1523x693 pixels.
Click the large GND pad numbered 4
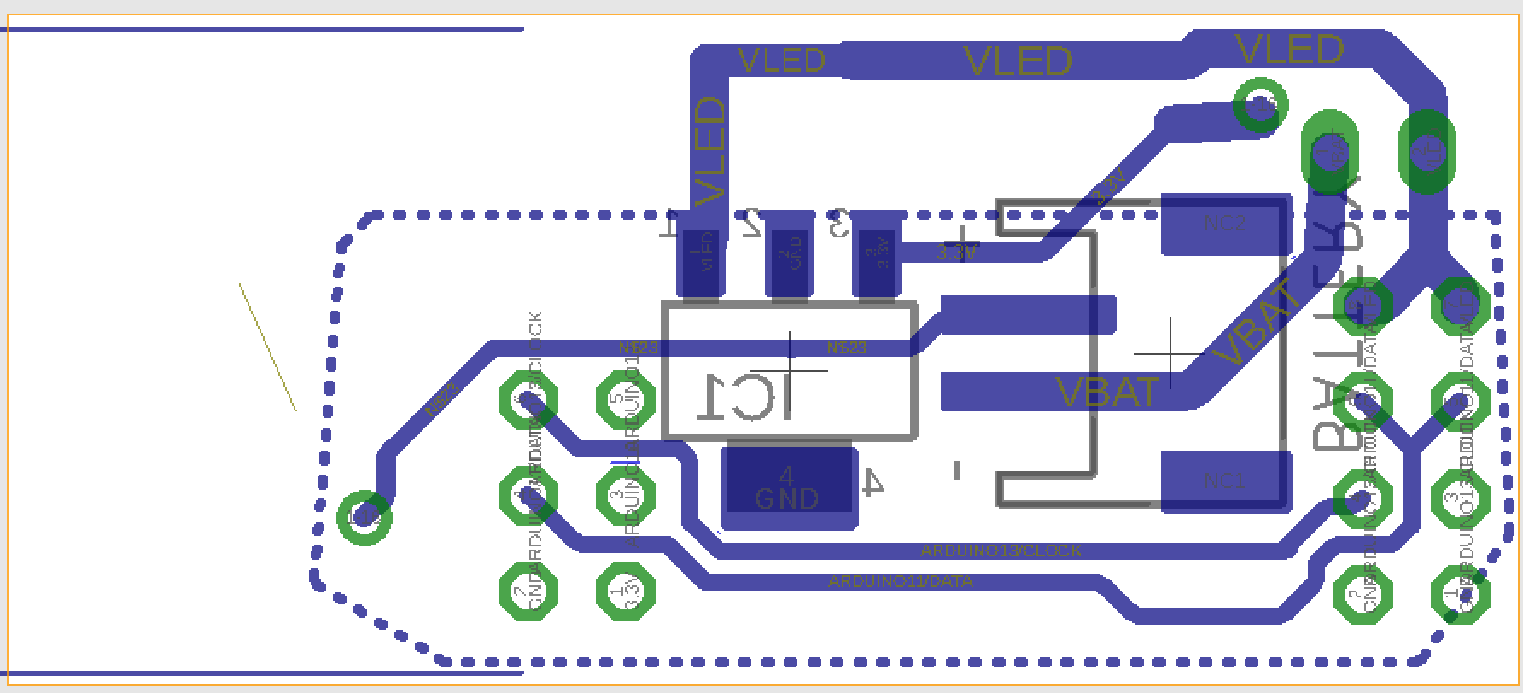tap(788, 487)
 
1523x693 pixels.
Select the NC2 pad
tap(1225, 224)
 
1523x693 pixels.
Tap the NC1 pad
tap(1225, 481)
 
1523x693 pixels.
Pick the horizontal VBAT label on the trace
tap(1107, 392)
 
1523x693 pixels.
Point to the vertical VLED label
tap(709, 152)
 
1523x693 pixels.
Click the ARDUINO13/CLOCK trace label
tap(1001, 551)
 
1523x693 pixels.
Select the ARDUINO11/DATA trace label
tap(900, 582)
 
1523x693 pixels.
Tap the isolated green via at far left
tap(365, 516)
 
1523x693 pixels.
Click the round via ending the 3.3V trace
tap(1262, 106)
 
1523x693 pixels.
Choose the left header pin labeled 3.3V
tap(626, 591)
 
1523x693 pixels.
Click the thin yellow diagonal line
tap(268, 347)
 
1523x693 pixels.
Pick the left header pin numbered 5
tap(625, 399)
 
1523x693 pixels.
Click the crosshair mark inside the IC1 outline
tap(791, 370)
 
